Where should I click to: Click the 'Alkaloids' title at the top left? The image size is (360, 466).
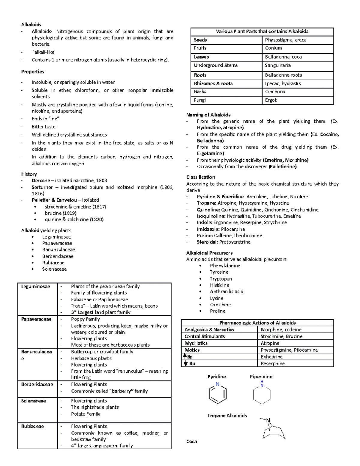[31, 25]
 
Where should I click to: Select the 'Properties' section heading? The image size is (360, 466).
[32, 72]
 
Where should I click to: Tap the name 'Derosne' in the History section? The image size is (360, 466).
[41, 181]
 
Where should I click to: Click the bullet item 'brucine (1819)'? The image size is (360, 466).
[61, 213]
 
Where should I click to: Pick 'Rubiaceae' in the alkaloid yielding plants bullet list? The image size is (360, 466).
[53, 263]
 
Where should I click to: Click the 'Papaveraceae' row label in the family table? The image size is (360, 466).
[36, 319]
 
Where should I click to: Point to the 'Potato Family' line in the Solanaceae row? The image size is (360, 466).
[85, 414]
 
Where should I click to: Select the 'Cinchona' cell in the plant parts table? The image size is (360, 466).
[275, 92]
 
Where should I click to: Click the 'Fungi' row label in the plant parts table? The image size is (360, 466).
[199, 100]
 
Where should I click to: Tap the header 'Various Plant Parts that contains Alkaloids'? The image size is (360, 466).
[262, 32]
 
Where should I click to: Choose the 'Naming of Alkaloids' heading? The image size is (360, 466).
[208, 115]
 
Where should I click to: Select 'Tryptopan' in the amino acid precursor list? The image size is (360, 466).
[220, 279]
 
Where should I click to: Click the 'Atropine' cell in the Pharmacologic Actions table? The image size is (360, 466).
[270, 343]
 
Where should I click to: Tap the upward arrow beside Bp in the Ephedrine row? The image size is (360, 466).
[185, 356]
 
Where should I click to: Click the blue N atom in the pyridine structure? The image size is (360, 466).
[217, 384]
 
